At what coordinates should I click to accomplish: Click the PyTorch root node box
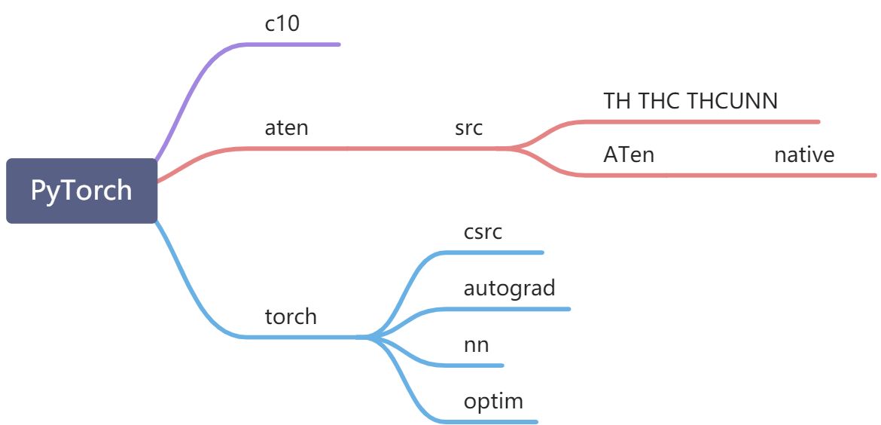(x=81, y=191)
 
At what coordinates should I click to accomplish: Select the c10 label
(x=282, y=23)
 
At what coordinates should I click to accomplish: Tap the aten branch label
(x=286, y=128)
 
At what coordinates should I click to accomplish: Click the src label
(x=468, y=128)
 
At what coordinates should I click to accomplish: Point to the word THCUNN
(x=733, y=101)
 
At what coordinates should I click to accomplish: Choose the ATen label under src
(x=629, y=155)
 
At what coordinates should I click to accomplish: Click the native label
(x=804, y=155)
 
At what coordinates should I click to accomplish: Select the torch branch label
(x=291, y=316)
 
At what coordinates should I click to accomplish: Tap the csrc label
(x=483, y=232)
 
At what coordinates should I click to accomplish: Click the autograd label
(x=509, y=288)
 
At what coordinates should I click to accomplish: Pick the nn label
(x=476, y=345)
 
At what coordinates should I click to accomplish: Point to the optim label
(x=493, y=401)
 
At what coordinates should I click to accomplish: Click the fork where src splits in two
(x=512, y=148)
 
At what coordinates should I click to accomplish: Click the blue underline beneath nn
(x=482, y=365)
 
